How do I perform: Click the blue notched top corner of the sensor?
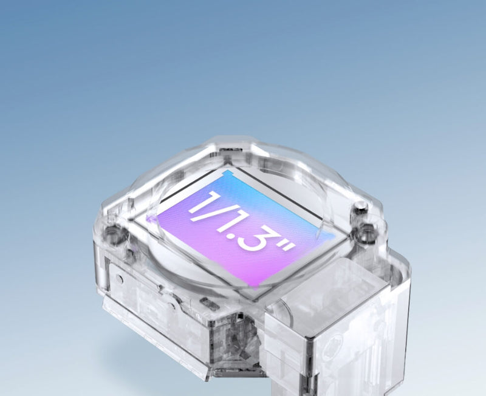[226, 174]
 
